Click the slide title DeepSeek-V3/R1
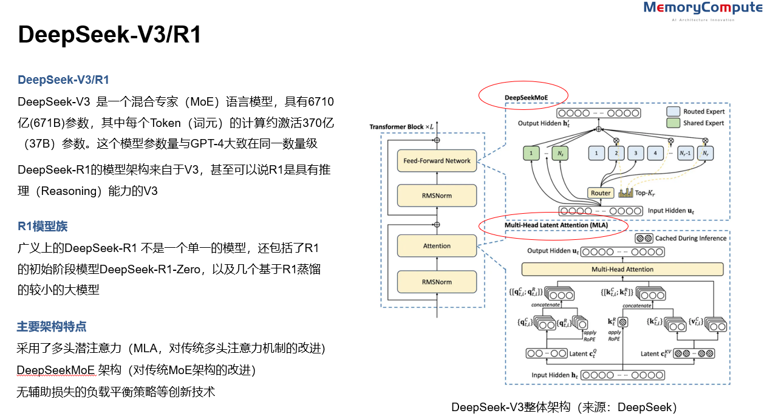point(109,35)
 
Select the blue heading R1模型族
point(43,227)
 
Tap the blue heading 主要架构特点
point(52,327)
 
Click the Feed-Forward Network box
point(437,161)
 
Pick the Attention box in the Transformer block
point(437,246)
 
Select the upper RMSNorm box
point(437,196)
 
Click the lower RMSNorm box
point(437,282)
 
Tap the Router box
point(601,193)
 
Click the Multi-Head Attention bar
point(622,269)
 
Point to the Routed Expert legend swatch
point(673,112)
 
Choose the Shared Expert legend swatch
point(673,123)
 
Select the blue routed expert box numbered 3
point(635,154)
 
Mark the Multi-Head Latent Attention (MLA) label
point(556,225)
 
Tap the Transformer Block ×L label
point(402,126)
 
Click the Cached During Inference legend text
point(690,239)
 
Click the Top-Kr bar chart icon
point(625,193)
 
